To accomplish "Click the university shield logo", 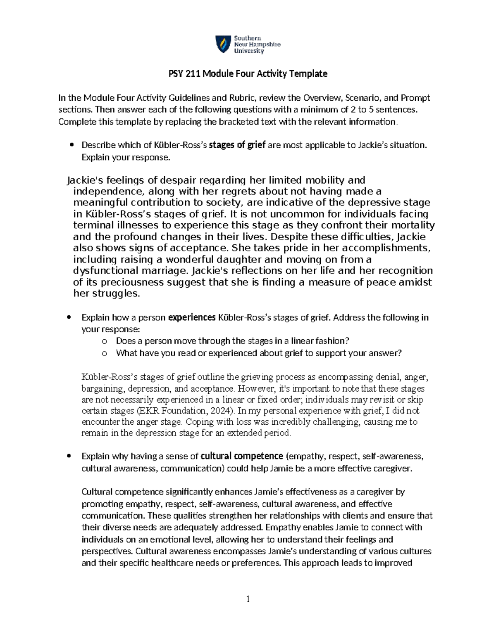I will point(222,44).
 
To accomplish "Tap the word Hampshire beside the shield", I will point(264,45).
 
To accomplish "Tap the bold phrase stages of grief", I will point(237,145).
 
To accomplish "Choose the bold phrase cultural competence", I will point(242,456).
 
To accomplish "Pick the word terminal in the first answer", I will point(93,225).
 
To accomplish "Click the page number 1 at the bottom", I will point(248,599).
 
